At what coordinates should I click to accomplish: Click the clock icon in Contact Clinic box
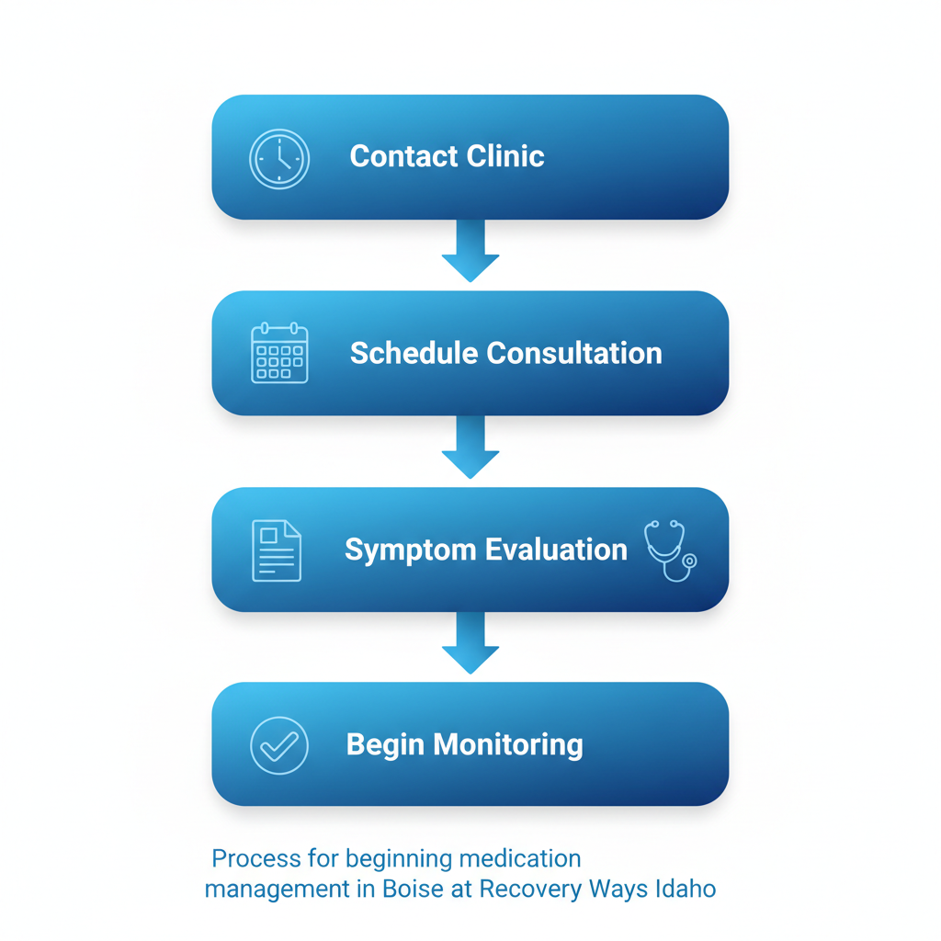pyautogui.click(x=279, y=159)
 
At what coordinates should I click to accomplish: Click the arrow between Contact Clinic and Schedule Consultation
pyautogui.click(x=470, y=251)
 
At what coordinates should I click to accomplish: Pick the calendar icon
pyautogui.click(x=279, y=353)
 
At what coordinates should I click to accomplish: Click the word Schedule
pyautogui.click(x=414, y=353)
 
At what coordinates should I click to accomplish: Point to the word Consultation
pyautogui.click(x=573, y=353)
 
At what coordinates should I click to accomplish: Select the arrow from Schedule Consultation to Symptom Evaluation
pyautogui.click(x=470, y=448)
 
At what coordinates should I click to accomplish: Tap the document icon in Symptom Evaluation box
pyautogui.click(x=277, y=550)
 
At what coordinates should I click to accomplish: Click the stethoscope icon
pyautogui.click(x=670, y=550)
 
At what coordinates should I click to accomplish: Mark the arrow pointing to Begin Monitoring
pyautogui.click(x=470, y=643)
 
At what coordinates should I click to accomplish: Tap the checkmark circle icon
pyautogui.click(x=279, y=745)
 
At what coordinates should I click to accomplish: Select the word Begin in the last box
pyautogui.click(x=385, y=745)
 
